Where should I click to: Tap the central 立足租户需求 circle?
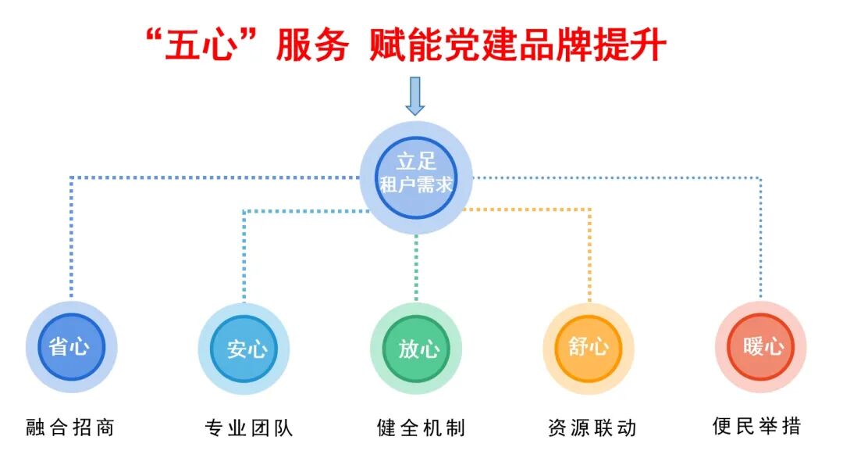click(x=415, y=177)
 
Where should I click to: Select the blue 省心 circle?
click(x=71, y=347)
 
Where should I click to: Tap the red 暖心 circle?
click(x=760, y=347)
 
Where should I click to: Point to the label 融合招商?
click(x=71, y=428)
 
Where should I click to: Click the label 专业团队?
click(x=244, y=428)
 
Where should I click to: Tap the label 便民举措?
click(x=757, y=427)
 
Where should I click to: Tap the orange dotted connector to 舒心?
click(x=589, y=250)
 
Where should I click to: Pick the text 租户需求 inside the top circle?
click(x=415, y=186)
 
